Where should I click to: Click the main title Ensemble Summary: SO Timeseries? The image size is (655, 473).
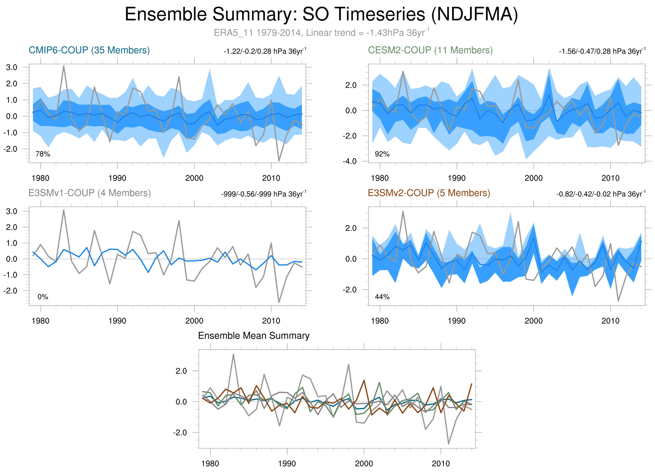pos(321,14)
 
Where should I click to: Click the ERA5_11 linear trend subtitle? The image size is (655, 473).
pos(321,33)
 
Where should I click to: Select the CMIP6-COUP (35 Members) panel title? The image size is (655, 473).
pos(89,50)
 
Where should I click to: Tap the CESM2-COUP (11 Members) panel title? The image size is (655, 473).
pos(430,50)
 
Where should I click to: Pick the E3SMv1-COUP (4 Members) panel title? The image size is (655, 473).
pos(89,193)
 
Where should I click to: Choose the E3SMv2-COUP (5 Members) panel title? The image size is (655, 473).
pos(429,193)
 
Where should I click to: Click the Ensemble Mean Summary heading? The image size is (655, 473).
pos(254,336)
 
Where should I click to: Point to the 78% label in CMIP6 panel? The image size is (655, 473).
pos(43,154)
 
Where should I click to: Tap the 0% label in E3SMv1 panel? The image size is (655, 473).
pos(43,297)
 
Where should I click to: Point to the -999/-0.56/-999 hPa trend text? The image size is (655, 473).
pos(263,194)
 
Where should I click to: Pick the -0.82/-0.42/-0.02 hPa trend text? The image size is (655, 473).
pos(601,194)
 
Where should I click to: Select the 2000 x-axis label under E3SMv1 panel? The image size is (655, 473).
pos(194,321)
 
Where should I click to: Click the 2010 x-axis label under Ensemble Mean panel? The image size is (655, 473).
pos(440,464)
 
